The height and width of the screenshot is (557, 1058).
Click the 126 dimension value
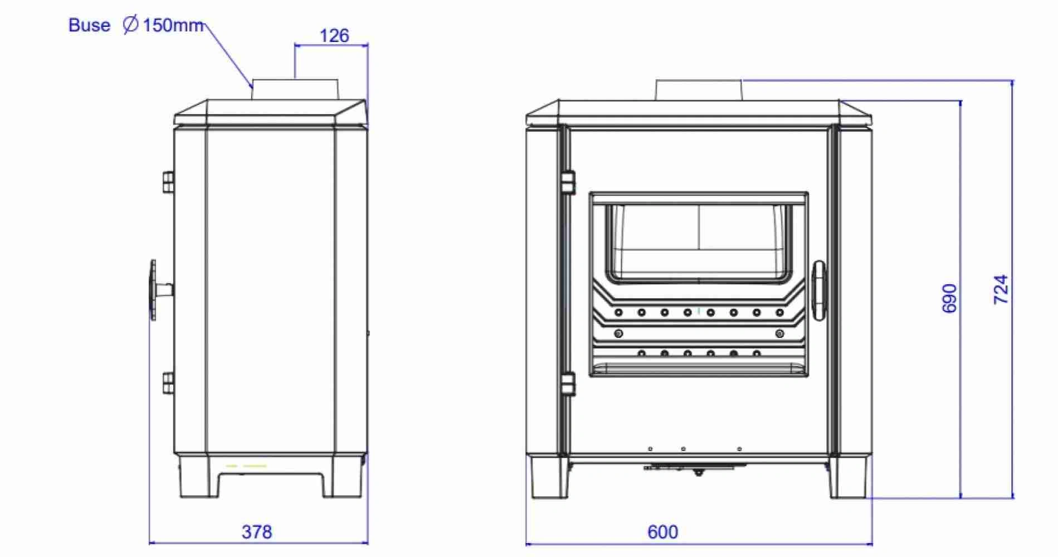(x=334, y=36)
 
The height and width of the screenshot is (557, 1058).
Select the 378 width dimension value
(x=257, y=532)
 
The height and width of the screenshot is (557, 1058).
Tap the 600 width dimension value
(x=662, y=532)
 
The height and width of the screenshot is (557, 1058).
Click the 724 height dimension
(x=1001, y=289)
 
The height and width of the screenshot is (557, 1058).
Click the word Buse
(x=89, y=25)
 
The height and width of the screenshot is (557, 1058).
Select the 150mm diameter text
(x=173, y=25)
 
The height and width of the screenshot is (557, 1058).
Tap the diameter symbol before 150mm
(x=130, y=25)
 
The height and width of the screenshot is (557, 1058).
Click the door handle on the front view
(x=818, y=290)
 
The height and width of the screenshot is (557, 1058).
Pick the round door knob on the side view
(x=153, y=290)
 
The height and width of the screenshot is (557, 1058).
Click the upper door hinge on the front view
(x=567, y=182)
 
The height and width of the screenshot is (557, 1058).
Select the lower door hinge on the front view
(x=567, y=384)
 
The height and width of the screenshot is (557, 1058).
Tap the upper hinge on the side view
(x=168, y=182)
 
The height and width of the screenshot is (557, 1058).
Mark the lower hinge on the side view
(x=168, y=383)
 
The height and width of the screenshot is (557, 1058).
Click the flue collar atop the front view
(x=698, y=90)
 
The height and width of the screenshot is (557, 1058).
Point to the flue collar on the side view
(x=295, y=90)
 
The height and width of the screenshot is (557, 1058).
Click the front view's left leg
(x=549, y=478)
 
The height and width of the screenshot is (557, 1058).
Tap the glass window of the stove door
(x=698, y=243)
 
